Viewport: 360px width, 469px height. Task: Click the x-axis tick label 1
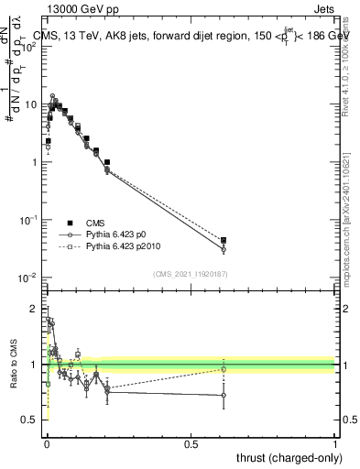pyautogui.click(x=335, y=443)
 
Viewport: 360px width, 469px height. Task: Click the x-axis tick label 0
pyautogui.click(x=47, y=443)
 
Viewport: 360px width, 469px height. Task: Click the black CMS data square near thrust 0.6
pyautogui.click(x=224, y=240)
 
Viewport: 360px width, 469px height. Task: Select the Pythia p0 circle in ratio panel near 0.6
pyautogui.click(x=224, y=396)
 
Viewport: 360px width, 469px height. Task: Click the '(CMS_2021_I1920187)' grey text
pyautogui.click(x=191, y=274)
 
